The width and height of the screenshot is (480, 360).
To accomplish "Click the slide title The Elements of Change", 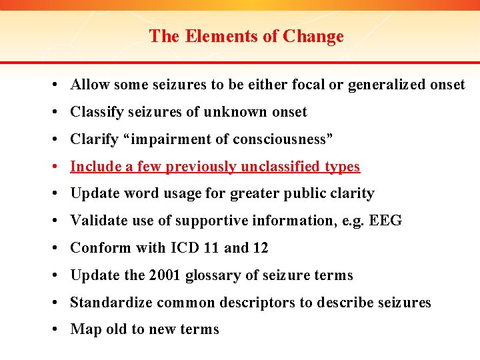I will [246, 36].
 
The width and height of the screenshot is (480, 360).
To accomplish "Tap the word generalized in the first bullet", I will [386, 85].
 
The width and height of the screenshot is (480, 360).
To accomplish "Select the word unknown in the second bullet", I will [237, 112].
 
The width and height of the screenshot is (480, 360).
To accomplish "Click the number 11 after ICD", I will [213, 248].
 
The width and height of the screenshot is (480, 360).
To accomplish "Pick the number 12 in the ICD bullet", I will [260, 248].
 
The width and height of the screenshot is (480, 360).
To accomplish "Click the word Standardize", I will [111, 303].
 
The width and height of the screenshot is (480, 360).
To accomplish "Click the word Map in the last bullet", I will [85, 329].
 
